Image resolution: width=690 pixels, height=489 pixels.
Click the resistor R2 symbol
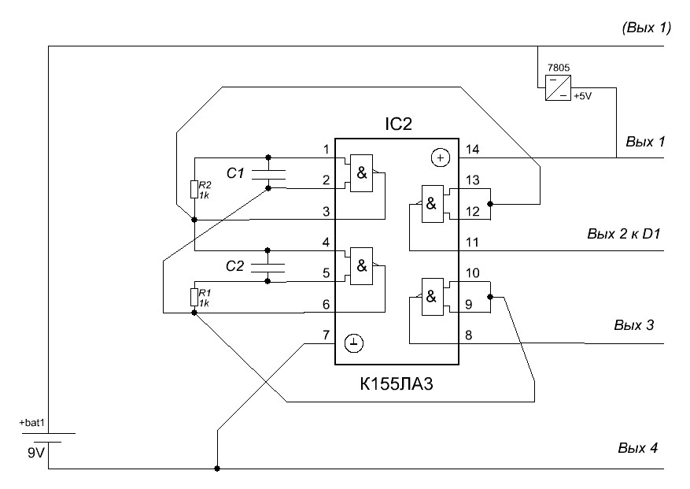[x=194, y=189]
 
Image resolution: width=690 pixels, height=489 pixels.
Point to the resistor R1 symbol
[x=194, y=297]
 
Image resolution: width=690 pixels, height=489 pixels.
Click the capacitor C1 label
[x=237, y=173]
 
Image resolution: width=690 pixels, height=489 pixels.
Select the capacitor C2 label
[x=236, y=266]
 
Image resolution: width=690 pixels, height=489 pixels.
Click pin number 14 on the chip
[x=473, y=149]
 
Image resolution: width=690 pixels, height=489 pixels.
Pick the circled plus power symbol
[x=440, y=158]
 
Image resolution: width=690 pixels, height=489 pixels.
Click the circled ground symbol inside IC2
[x=355, y=343]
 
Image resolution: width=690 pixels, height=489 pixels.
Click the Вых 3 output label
[x=633, y=324]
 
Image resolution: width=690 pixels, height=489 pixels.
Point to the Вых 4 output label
[x=637, y=449]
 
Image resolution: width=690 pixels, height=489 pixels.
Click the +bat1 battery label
[x=33, y=423]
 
